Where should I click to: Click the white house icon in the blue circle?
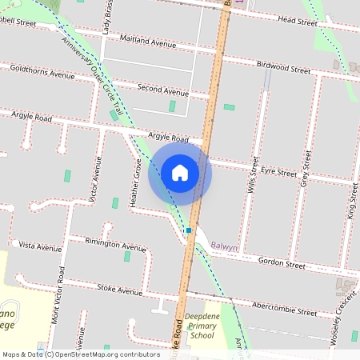[180, 172]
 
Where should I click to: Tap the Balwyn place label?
[224, 248]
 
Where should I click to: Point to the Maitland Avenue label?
[146, 42]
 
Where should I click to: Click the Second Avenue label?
[162, 92]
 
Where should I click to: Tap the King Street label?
[350, 199]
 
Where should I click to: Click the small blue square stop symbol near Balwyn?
[189, 230]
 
